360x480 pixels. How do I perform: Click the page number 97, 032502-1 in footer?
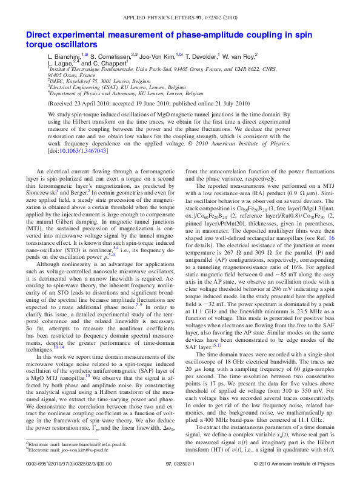(180, 463)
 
